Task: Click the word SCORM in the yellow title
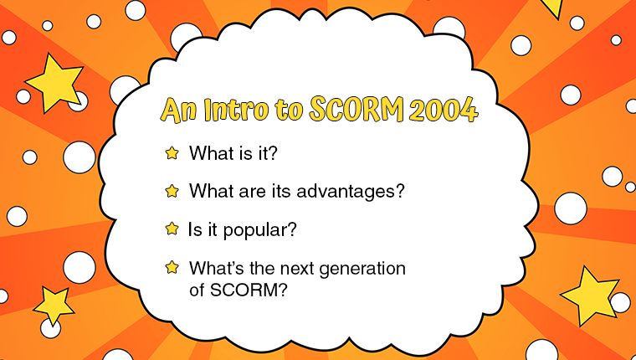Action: tap(356, 110)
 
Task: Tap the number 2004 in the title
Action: tap(444, 110)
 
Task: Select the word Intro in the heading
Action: tap(236, 110)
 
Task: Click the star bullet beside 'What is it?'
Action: tap(172, 153)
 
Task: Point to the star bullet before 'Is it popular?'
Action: tap(172, 229)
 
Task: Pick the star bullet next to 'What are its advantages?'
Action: tap(172, 191)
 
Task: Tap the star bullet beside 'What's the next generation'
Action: tap(172, 267)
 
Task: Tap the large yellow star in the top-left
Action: tap(54, 83)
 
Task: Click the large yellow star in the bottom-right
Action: tap(589, 296)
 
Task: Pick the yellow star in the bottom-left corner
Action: tap(54, 306)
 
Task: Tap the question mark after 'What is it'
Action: tap(273, 153)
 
